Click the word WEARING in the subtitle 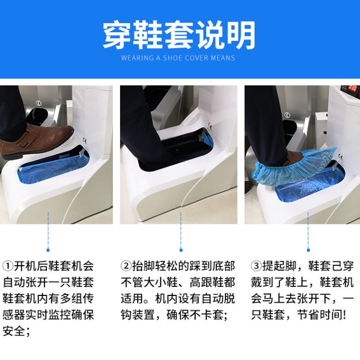coord(138,58)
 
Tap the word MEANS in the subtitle coord(223,58)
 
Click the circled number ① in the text coord(9,266)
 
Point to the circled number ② coord(126,266)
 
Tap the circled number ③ coord(256,266)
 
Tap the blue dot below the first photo coord(48,250)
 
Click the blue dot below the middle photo coord(181,250)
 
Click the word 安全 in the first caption coord(15,331)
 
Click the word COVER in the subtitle coord(197,58)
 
